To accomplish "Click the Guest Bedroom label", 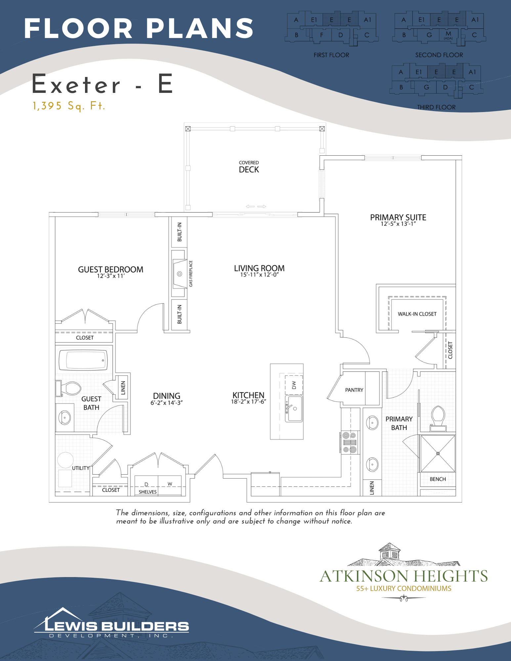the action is tap(110, 269).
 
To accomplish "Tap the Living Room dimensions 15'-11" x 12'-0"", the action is tap(259, 275).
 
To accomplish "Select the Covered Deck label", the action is tap(249, 167).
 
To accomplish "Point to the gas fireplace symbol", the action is tap(180, 274).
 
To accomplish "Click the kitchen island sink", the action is tap(294, 409).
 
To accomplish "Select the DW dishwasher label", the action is tap(294, 385).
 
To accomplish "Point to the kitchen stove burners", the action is tap(349, 442).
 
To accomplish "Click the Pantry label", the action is tap(354, 390).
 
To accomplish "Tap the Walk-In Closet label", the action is tap(417, 314).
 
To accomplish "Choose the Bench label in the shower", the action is tap(438, 479).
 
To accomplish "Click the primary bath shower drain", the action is tap(438, 453).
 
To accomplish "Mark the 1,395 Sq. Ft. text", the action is tap(69, 106).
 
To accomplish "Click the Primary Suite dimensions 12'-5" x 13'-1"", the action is tap(398, 224).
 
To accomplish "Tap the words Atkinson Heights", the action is tap(404, 576).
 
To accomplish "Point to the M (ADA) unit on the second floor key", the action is tap(448, 35).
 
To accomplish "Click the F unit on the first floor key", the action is tap(321, 35).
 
